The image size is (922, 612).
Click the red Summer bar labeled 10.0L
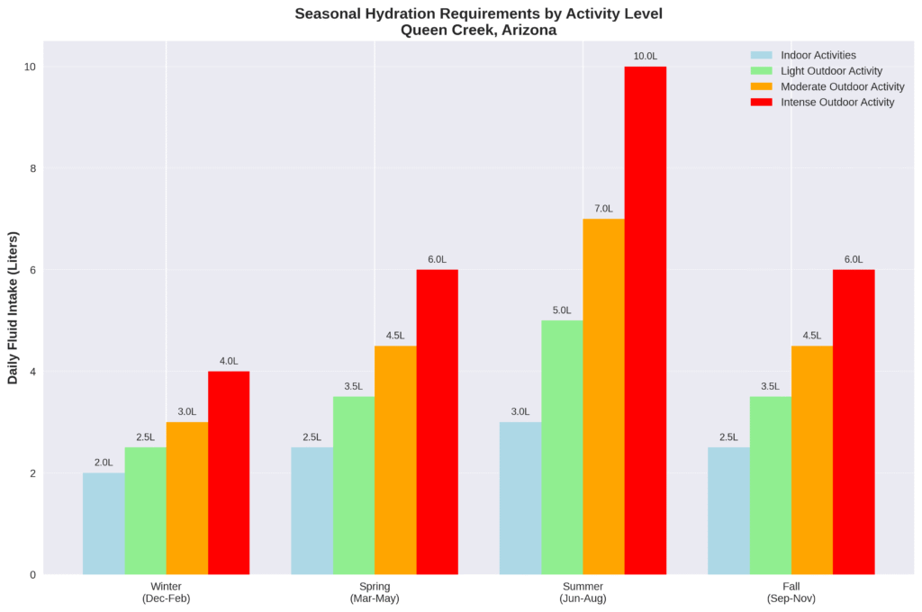pos(646,320)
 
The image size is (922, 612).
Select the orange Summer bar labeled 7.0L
pos(603,396)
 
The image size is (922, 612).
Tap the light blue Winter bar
pos(104,524)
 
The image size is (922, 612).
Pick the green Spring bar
pos(354,485)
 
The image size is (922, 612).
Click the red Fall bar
pos(854,422)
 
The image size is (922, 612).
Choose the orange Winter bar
pos(187,498)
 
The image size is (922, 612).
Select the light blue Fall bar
pos(728,510)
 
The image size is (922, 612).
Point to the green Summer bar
pos(562,447)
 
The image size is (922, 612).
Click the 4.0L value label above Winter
pos(229,362)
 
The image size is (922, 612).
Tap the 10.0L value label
pos(646,57)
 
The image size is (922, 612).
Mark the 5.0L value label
pos(562,310)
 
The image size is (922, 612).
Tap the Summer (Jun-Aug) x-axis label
pos(583,592)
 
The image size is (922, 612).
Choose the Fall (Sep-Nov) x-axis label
pos(791,592)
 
